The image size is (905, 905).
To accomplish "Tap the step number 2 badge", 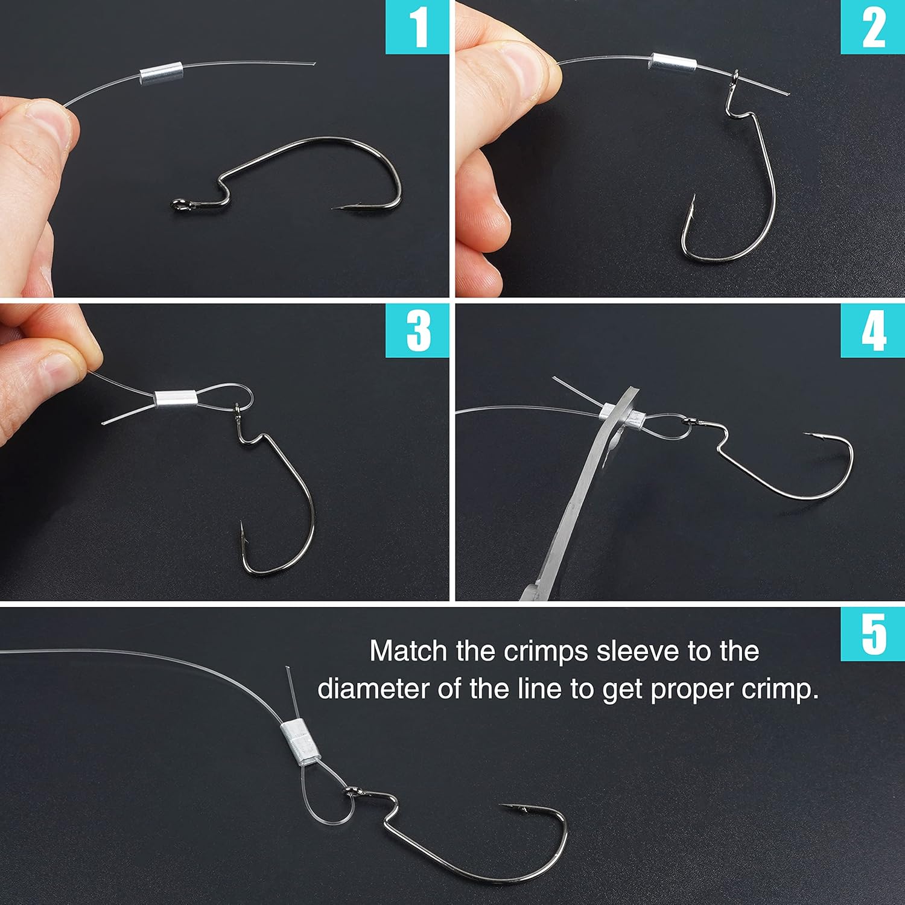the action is (x=873, y=28).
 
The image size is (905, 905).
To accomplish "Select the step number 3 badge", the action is (x=418, y=331).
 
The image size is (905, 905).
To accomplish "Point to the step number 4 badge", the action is (x=873, y=331).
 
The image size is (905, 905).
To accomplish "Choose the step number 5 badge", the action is (x=873, y=634).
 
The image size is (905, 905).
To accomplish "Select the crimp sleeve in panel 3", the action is (x=176, y=399).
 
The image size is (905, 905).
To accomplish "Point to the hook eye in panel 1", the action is (x=177, y=205).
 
